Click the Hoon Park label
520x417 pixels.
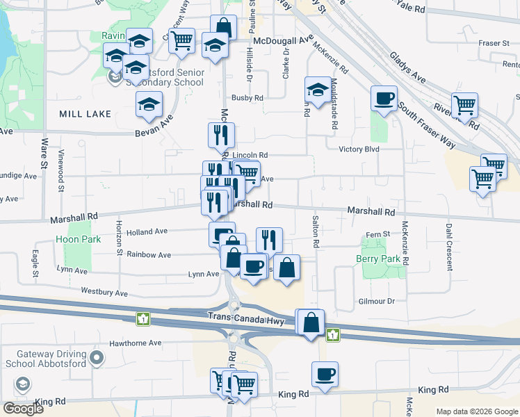[x=78, y=240]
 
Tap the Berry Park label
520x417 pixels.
[x=377, y=259]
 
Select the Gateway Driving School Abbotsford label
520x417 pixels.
[x=46, y=358]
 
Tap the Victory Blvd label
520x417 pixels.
[x=359, y=149]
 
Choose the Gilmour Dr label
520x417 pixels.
[x=376, y=301]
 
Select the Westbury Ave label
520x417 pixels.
[x=104, y=293]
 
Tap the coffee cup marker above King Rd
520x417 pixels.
[x=325, y=374]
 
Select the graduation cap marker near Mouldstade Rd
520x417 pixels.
[x=318, y=90]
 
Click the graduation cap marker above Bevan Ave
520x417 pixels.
[x=148, y=104]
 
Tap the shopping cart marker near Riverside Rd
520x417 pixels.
[x=464, y=105]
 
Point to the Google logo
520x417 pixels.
[x=23, y=409]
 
